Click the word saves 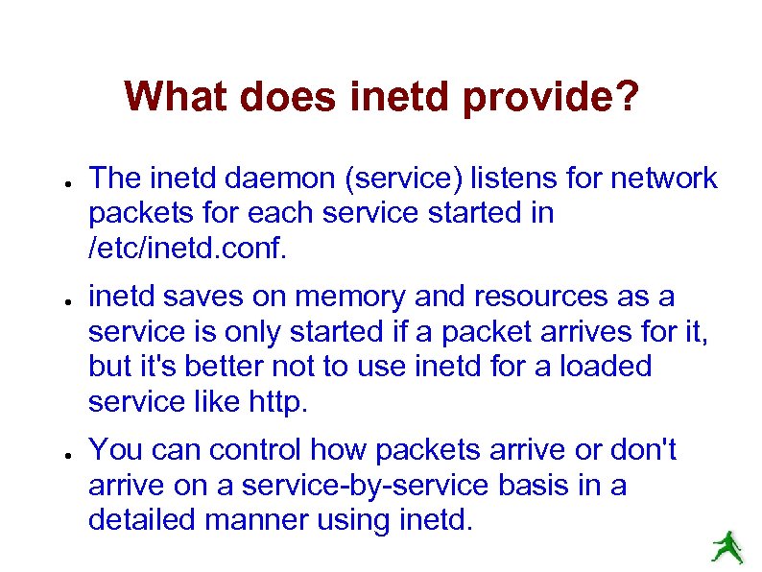pos(197,298)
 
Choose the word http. pos(277,402)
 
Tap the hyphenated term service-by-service pos(369,485)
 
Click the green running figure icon pos(727,545)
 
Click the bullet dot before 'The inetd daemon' pos(60,180)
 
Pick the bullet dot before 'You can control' pos(60,452)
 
